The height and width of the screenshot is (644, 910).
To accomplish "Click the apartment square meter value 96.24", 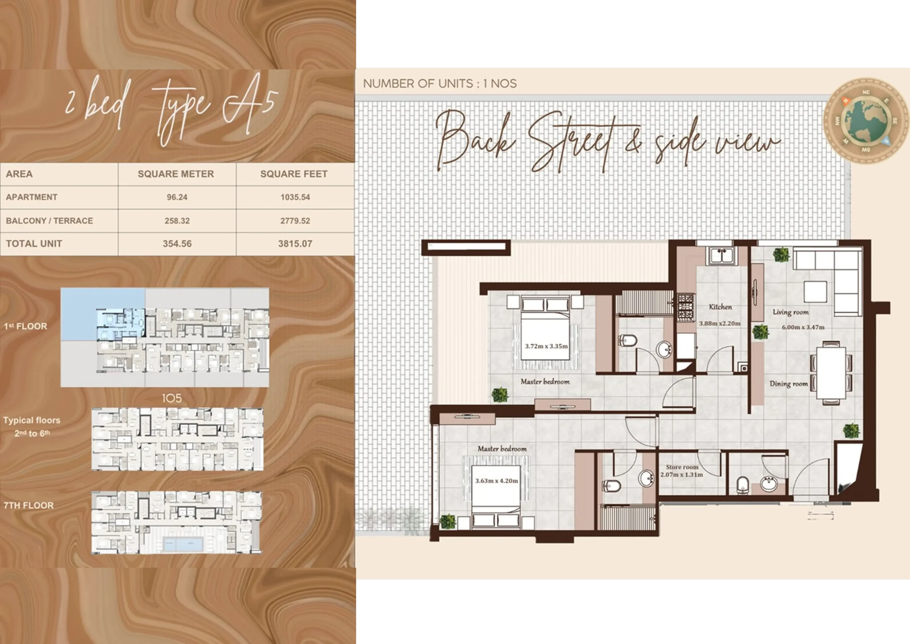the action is click(x=177, y=197).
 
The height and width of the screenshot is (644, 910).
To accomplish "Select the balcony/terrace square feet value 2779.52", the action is click(x=295, y=221).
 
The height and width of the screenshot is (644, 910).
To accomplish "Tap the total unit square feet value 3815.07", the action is click(x=295, y=244).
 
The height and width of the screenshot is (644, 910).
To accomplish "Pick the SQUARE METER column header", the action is click(x=176, y=174).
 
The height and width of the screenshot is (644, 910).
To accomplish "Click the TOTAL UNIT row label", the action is click(x=34, y=244).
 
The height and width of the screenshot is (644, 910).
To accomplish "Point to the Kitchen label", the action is click(x=721, y=306).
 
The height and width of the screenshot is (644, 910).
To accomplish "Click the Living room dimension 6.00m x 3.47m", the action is click(x=803, y=328).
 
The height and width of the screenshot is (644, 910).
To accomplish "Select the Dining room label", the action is click(x=789, y=383).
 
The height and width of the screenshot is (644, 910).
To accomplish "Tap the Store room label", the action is click(x=682, y=467).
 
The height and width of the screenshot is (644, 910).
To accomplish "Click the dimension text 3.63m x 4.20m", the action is click(x=497, y=481).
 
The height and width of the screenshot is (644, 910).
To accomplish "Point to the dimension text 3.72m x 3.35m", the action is click(x=546, y=346).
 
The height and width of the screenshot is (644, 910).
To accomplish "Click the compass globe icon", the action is click(x=866, y=120).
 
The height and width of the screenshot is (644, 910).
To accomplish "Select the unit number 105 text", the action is click(x=172, y=398).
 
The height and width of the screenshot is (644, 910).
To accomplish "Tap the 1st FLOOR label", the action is click(x=25, y=326).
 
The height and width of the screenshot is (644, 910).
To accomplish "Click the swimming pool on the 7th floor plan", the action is click(x=183, y=544).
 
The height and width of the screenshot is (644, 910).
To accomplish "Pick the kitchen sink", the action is click(x=722, y=256).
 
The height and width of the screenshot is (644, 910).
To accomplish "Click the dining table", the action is click(x=831, y=373).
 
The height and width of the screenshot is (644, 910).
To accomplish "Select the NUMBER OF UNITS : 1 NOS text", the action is click(x=440, y=84).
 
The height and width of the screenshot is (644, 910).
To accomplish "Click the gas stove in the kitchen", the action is click(x=686, y=308).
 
